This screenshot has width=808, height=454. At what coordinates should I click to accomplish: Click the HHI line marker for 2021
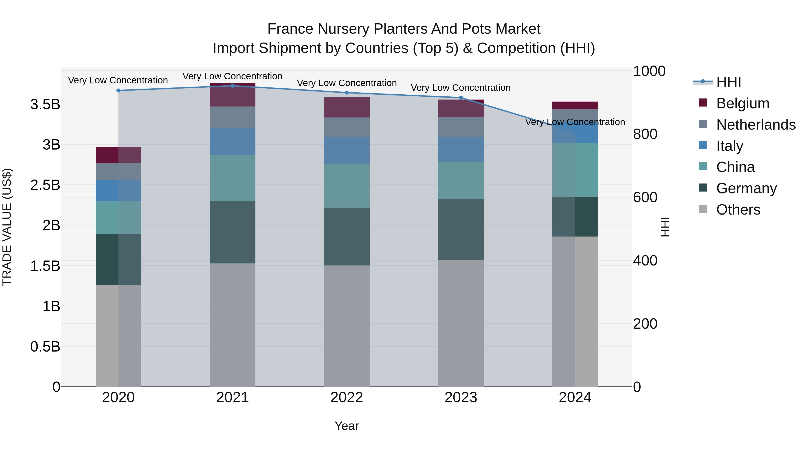[x=233, y=86]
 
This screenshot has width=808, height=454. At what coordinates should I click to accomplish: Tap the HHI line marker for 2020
[x=118, y=91]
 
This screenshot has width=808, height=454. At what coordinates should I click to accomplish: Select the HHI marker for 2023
[x=461, y=98]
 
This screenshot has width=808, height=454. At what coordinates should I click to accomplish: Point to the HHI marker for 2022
[x=347, y=93]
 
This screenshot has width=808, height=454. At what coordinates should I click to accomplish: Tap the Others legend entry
[x=738, y=210]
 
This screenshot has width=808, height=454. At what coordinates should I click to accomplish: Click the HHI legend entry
[x=728, y=82]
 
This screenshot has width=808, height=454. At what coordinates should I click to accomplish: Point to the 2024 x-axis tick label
[x=575, y=398]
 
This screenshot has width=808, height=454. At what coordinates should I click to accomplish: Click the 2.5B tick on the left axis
[x=45, y=185]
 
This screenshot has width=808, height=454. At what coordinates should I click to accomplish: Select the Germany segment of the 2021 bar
[x=233, y=232]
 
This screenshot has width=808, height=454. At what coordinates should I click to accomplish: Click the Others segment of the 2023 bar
[x=461, y=323]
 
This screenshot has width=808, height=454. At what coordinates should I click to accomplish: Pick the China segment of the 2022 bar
[x=347, y=186]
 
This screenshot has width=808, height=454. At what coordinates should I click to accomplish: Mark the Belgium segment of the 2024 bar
[x=575, y=106]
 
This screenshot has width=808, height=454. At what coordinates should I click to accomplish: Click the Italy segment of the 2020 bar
[x=118, y=191]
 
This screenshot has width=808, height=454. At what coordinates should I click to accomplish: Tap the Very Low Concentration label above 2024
[x=575, y=122]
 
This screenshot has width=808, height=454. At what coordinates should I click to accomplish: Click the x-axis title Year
[x=347, y=426]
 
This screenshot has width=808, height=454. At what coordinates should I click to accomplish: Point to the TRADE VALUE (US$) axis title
[x=7, y=227]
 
